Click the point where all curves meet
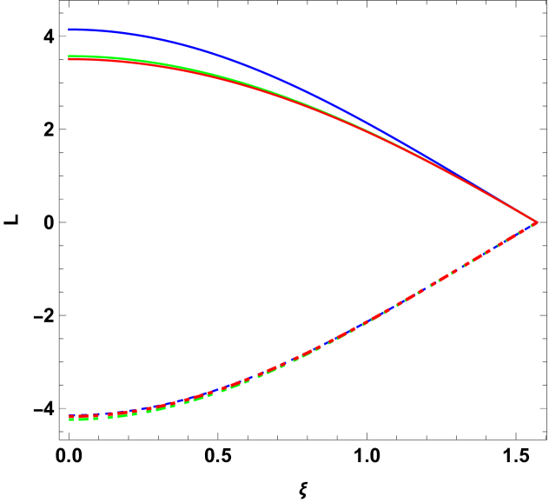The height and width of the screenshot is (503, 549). pyautogui.click(x=534, y=223)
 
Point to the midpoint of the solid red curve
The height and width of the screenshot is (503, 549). pyautogui.click(x=304, y=106)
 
